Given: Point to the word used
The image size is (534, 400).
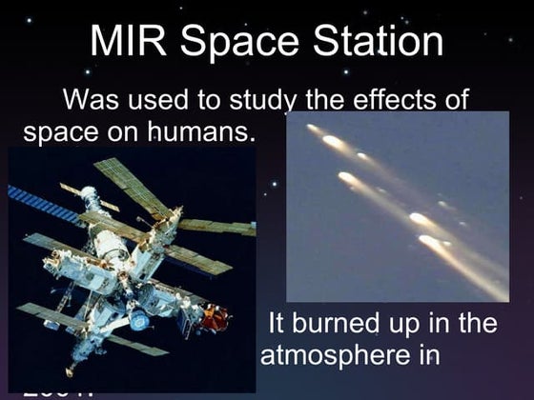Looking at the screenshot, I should point(166,101).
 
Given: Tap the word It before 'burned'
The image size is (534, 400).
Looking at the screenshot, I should point(276,323).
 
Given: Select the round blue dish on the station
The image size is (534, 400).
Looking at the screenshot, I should point(140,321).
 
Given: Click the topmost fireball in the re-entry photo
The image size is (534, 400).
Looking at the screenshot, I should point(315,129).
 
